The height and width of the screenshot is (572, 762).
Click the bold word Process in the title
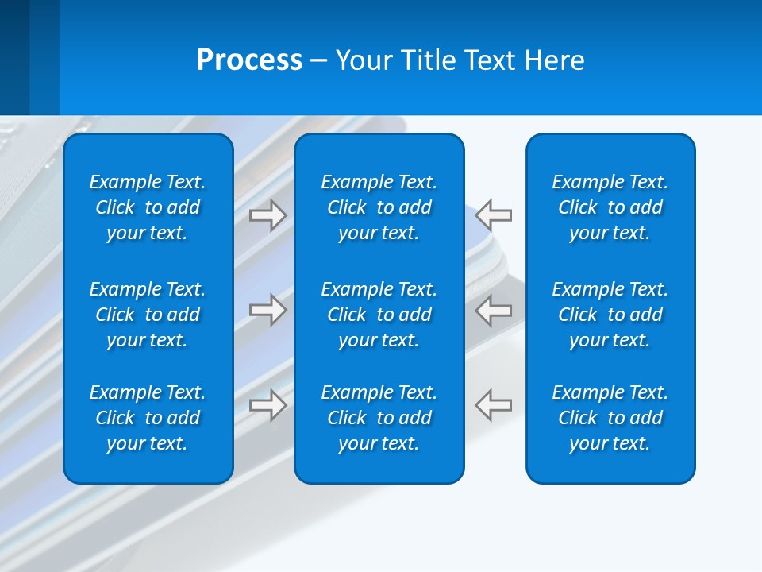pyautogui.click(x=249, y=60)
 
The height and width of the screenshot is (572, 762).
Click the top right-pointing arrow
pyautogui.click(x=267, y=215)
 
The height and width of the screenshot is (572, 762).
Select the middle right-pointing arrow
pyautogui.click(x=267, y=310)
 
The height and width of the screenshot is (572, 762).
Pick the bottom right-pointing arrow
pyautogui.click(x=267, y=404)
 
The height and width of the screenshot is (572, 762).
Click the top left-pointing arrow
pyautogui.click(x=494, y=215)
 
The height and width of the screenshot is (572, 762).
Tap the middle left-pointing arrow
pyautogui.click(x=494, y=310)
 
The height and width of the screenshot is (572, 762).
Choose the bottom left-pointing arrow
pyautogui.click(x=494, y=404)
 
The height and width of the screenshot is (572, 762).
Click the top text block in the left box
pyautogui.click(x=148, y=207)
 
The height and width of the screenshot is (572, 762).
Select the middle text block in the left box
pyautogui.click(x=148, y=315)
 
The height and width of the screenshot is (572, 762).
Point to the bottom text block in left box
pyautogui.click(x=148, y=418)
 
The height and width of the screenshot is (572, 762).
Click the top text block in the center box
pyautogui.click(x=379, y=207)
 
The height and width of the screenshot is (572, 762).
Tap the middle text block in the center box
pyautogui.click(x=379, y=315)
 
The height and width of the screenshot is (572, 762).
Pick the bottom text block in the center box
pyautogui.click(x=379, y=418)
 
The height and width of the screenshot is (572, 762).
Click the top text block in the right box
pyautogui.click(x=610, y=207)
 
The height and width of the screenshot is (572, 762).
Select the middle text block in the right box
pyautogui.click(x=610, y=315)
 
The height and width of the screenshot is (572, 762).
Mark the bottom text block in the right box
pyautogui.click(x=610, y=418)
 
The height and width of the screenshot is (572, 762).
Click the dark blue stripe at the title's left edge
pyautogui.click(x=14, y=57)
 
